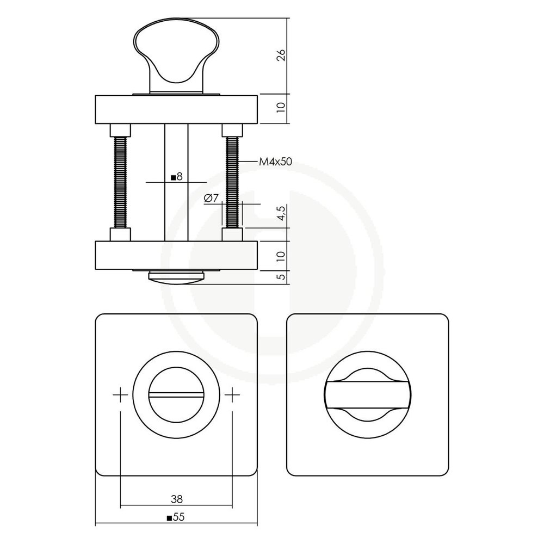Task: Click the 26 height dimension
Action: click(281, 56)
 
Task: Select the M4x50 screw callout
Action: click(276, 162)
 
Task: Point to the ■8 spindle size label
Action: click(176, 177)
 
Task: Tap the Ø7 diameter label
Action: click(211, 199)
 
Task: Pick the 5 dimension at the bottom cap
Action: click(281, 277)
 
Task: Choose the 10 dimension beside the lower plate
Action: click(281, 255)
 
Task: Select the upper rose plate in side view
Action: click(176, 109)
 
